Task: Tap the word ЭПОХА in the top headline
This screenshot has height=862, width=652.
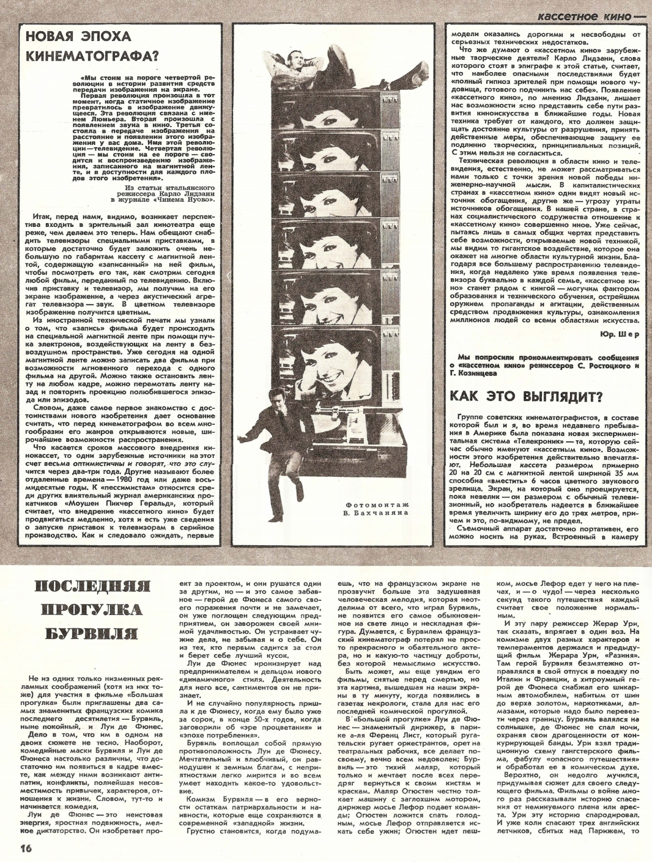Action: [x=100, y=37]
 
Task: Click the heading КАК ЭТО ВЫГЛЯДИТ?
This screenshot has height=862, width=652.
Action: [x=526, y=396]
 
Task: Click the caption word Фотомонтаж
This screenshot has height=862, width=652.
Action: [x=376, y=504]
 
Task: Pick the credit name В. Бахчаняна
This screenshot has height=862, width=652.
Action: [x=376, y=515]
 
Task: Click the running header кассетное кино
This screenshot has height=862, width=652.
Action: [x=581, y=17]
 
